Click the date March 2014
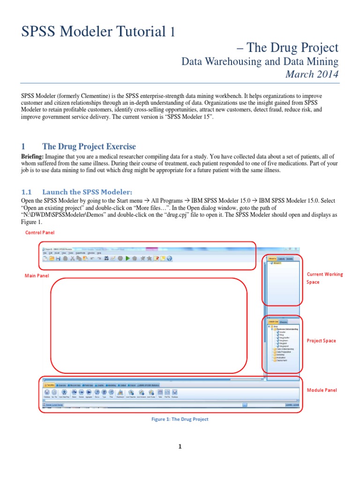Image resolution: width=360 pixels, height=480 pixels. point(312,74)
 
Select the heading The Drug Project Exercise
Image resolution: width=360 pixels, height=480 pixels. point(89,147)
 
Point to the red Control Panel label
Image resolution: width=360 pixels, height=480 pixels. point(40,232)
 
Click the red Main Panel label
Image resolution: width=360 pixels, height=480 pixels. point(37,276)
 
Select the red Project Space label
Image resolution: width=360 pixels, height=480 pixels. point(321,341)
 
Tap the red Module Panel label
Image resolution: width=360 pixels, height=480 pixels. point(322,390)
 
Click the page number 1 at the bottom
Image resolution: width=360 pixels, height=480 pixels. point(180,447)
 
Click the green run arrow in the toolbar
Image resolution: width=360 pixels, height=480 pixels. point(127,258)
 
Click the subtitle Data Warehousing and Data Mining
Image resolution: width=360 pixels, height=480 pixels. point(260,61)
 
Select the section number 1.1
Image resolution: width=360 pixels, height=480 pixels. point(26,192)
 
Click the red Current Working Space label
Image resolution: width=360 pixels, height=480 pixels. point(324,278)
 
